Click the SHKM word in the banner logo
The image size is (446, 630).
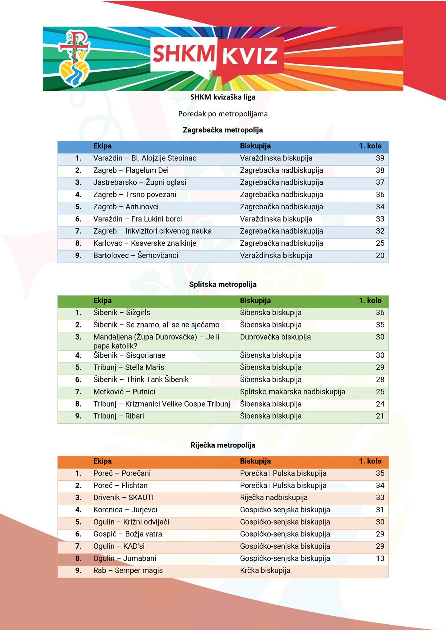(184, 54)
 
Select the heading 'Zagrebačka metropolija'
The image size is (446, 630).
(223, 130)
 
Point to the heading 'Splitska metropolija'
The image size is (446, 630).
(223, 284)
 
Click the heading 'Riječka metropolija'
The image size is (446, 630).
(223, 445)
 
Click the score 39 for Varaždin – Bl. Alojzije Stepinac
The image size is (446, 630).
(380, 158)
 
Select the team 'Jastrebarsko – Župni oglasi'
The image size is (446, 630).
(140, 182)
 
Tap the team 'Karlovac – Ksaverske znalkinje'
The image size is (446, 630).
(145, 243)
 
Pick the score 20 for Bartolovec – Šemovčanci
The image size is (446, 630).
(380, 256)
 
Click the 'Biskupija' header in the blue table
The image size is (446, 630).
(255, 146)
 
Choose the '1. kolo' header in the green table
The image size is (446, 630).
(370, 301)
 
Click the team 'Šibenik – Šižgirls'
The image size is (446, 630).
(122, 313)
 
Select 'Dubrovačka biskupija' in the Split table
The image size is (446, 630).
(275, 337)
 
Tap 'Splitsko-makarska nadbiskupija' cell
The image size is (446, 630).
(292, 392)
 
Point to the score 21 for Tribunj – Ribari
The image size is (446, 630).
(380, 416)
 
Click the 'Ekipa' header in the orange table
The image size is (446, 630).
(102, 461)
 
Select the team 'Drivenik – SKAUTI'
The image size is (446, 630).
(123, 498)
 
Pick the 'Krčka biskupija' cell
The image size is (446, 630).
(265, 571)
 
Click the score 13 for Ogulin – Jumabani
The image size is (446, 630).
(380, 558)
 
